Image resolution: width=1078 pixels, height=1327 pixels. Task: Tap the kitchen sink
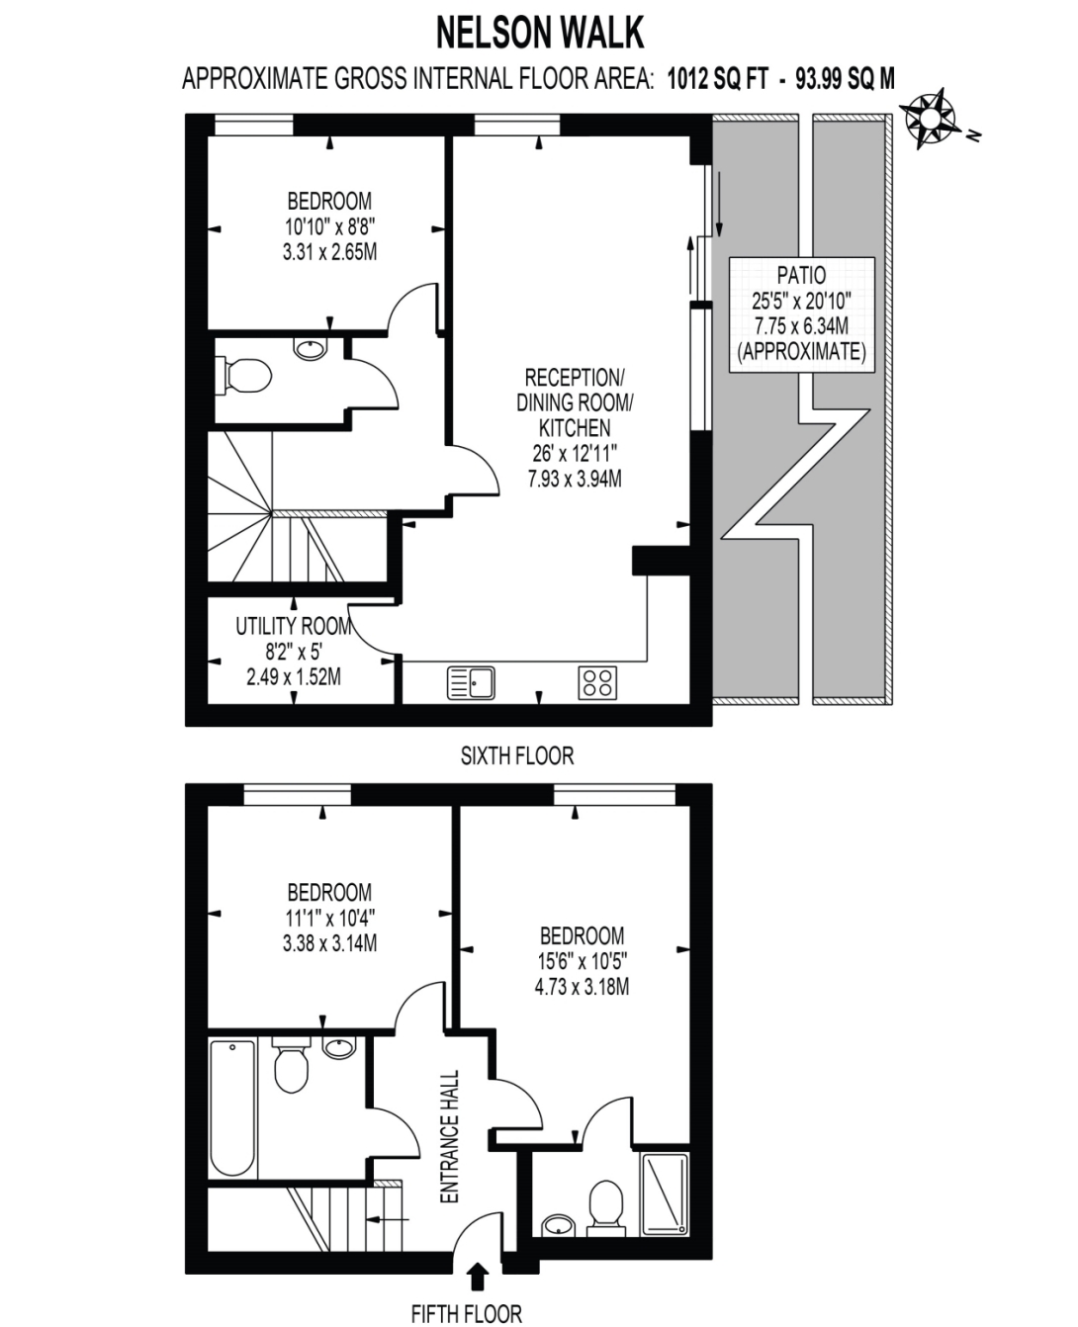pos(471,682)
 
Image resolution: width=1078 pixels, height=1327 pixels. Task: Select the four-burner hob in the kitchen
pos(597,682)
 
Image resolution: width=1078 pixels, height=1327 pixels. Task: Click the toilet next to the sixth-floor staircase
pos(244,376)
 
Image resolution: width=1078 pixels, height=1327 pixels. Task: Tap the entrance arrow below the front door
pos(478,1275)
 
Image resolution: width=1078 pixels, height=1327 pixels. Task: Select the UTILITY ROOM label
pos(293,626)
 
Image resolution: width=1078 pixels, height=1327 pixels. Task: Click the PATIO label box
pos(801,314)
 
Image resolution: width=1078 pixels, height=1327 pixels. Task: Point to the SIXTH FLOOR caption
pos(516,755)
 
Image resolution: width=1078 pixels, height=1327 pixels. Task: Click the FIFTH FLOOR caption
pos(466,1309)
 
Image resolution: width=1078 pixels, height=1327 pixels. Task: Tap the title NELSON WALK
pos(540,33)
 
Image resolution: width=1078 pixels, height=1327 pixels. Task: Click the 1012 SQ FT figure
pos(718,79)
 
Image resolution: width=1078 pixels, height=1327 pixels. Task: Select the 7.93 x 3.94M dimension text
pos(574,480)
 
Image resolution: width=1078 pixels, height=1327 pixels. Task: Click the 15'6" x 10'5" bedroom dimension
pos(582,961)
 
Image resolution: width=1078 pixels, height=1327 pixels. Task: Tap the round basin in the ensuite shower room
pos(559,1226)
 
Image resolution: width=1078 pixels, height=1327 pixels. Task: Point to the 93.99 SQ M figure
pos(845,79)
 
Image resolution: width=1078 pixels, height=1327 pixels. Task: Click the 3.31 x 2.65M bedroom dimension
pos(329,252)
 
